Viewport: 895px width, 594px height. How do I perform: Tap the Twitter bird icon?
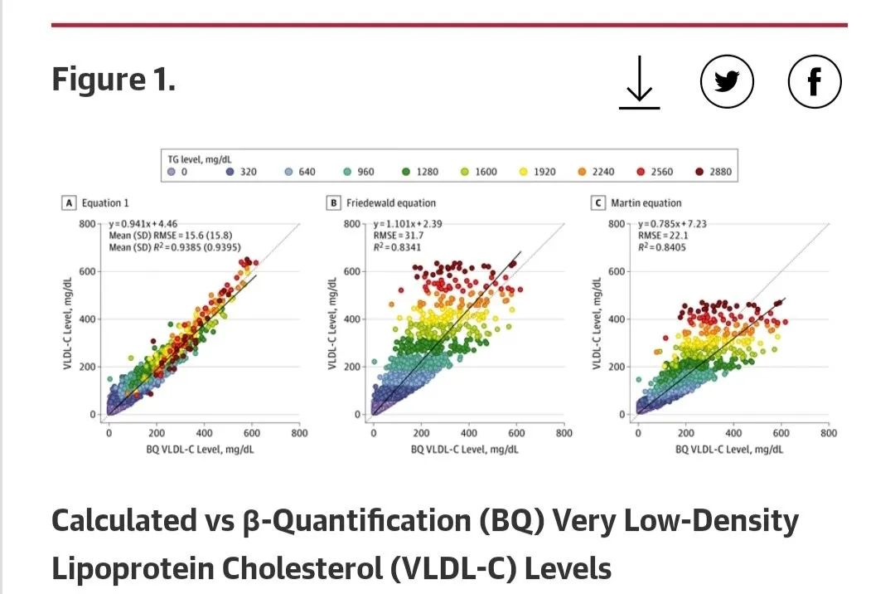point(727,81)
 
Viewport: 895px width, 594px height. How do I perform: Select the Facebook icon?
point(814,81)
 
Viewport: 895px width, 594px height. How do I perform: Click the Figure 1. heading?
point(114,80)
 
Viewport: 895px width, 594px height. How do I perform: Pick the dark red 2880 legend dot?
point(700,172)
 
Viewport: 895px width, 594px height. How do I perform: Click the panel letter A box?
point(70,202)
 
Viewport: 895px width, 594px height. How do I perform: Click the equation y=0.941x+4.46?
point(143,224)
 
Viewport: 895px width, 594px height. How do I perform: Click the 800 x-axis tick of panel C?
point(828,432)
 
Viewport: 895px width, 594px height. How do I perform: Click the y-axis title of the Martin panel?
point(597,324)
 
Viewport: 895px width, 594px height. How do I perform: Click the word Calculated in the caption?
point(123,521)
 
